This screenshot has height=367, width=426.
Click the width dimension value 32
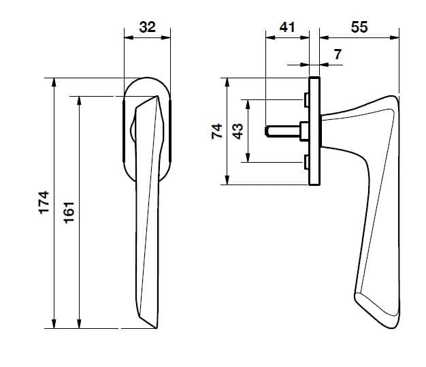click(x=147, y=27)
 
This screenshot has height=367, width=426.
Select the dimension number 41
click(x=286, y=27)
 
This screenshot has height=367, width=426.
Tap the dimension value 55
click(x=359, y=27)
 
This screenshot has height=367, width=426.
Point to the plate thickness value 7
click(x=338, y=54)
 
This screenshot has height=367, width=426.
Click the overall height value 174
click(x=44, y=203)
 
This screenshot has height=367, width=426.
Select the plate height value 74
click(x=217, y=131)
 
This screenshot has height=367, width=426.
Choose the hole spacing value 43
click(x=237, y=131)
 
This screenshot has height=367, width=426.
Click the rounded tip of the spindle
click(x=267, y=130)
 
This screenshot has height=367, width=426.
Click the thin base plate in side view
click(x=314, y=131)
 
